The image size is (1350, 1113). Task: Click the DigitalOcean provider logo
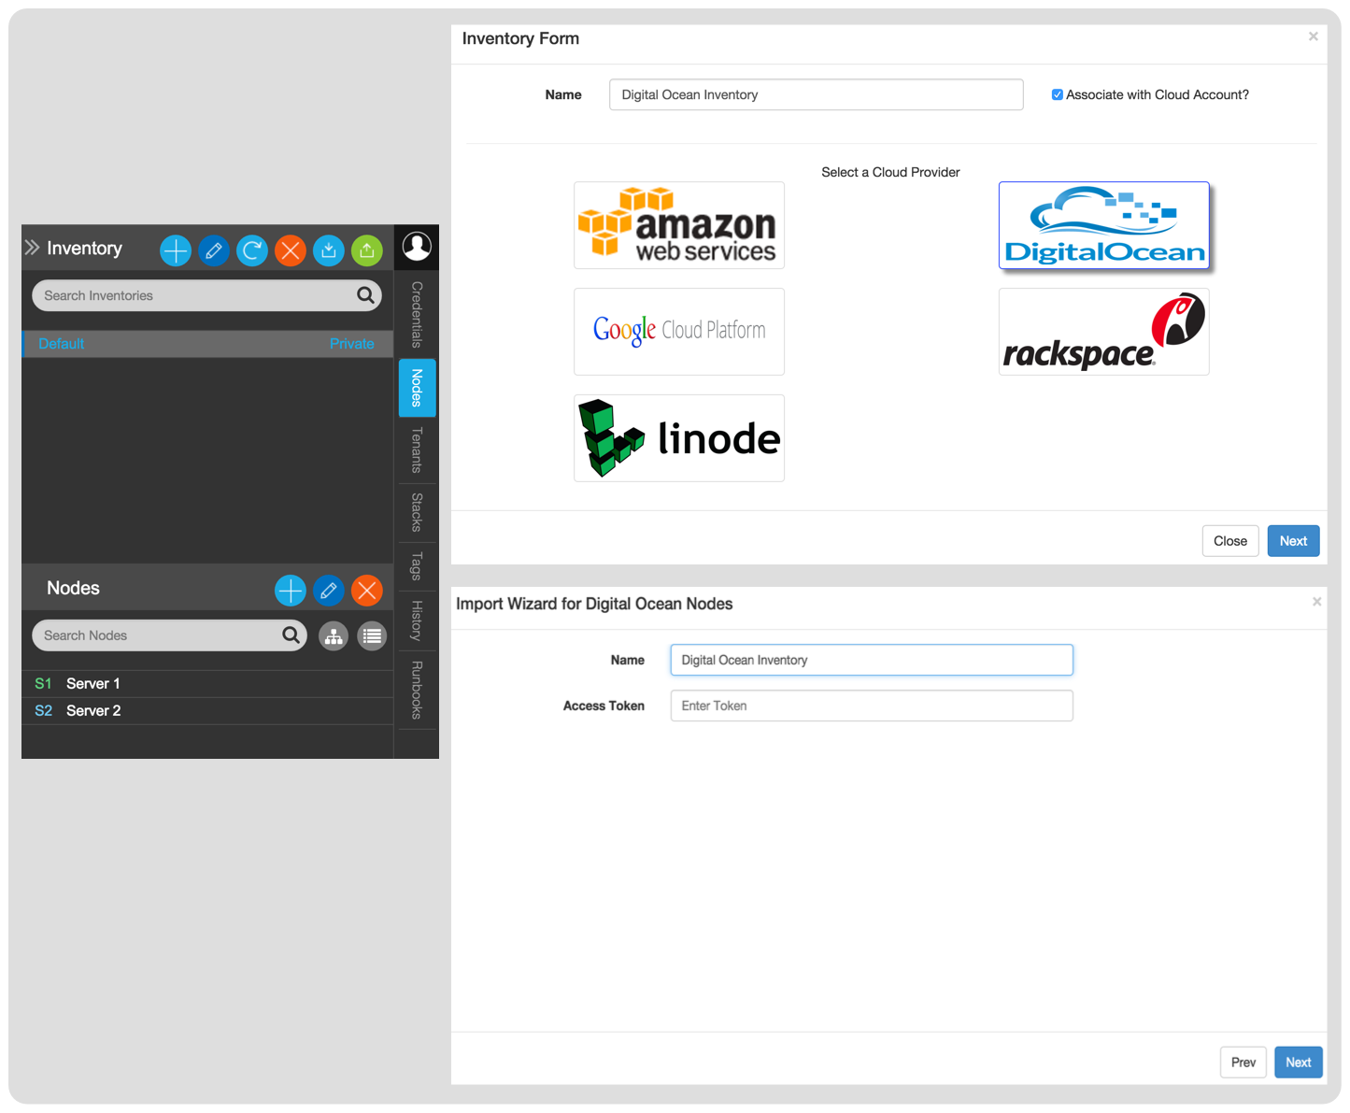tap(1103, 225)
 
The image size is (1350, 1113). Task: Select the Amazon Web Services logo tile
tap(679, 225)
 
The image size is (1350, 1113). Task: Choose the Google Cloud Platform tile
tap(679, 331)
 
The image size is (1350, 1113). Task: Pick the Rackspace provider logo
tap(1103, 331)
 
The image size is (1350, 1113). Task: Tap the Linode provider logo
tap(679, 438)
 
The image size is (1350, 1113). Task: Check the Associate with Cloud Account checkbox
tap(1058, 94)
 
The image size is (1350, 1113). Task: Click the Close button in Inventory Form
tap(1229, 541)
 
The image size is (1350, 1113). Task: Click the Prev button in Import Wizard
tap(1243, 1062)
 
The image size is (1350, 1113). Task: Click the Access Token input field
tap(872, 706)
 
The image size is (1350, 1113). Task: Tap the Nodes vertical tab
tap(417, 388)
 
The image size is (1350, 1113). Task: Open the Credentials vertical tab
tap(417, 315)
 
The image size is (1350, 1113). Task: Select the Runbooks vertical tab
tap(417, 690)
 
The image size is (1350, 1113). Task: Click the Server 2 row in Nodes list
tap(207, 711)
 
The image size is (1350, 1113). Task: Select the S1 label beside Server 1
tap(43, 683)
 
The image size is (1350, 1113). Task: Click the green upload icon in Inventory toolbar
tap(366, 250)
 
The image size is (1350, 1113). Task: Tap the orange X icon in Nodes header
tap(366, 590)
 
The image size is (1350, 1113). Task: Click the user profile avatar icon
tap(417, 247)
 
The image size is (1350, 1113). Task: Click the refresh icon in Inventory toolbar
tap(252, 250)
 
